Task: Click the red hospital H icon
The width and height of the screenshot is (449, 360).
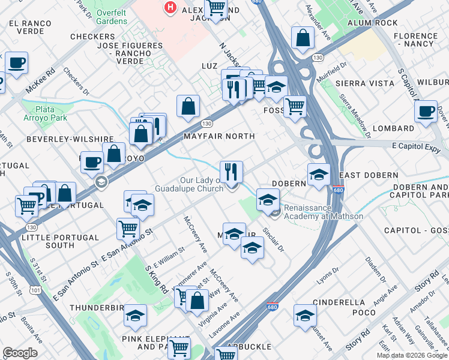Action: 170,8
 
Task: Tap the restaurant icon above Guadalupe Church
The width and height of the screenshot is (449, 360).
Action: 231,173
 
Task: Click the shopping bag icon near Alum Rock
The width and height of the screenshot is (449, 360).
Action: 303,38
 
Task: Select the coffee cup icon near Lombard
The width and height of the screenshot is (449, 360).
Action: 426,111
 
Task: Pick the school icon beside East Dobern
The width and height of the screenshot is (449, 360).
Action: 319,175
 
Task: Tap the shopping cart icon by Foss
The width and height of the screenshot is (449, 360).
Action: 294,107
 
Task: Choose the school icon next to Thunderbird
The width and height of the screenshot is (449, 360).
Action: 136,316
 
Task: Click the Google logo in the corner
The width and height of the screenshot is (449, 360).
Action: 20,353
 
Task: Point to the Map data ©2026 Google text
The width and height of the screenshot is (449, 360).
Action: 412,355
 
